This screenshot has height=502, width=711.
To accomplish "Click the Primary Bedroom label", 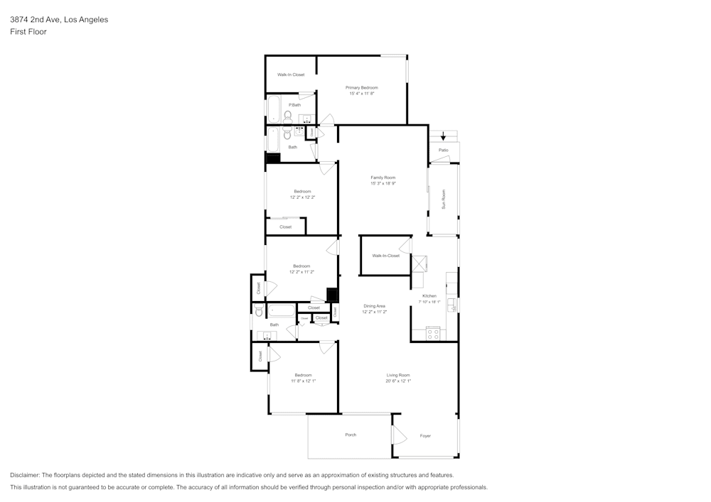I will click(361, 87).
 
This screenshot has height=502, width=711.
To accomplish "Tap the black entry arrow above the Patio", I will click(444, 136).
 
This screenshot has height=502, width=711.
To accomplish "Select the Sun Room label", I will click(444, 199).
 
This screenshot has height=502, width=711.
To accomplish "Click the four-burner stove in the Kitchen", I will click(432, 334).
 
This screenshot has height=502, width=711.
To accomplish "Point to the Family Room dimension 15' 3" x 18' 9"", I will click(383, 183).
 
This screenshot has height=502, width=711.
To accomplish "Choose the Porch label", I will click(351, 435).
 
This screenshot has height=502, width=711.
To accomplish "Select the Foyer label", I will click(425, 436).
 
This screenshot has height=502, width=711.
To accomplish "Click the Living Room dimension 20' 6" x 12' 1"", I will click(398, 381).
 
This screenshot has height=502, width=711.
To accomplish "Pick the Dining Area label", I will click(374, 306).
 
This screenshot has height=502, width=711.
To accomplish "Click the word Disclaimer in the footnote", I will click(25, 475).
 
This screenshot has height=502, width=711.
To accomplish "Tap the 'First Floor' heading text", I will click(28, 32).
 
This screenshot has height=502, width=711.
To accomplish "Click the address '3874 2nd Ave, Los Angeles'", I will click(59, 20).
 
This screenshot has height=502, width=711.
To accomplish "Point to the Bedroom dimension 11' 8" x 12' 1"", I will click(303, 381).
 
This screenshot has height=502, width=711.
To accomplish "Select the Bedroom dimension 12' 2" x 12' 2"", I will click(302, 197).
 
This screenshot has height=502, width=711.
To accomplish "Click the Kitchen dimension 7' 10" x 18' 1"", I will click(429, 302).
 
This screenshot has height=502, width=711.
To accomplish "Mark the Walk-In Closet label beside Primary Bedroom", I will click(291, 75).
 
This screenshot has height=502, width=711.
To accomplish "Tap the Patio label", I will click(444, 150).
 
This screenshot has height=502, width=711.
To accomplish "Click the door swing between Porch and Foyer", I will click(397, 435).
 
